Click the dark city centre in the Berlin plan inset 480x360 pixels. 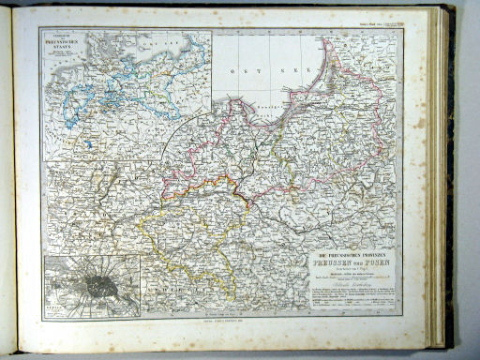point(97,281)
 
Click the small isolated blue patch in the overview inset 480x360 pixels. point(86,144)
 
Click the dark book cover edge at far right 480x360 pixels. point(449,178)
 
